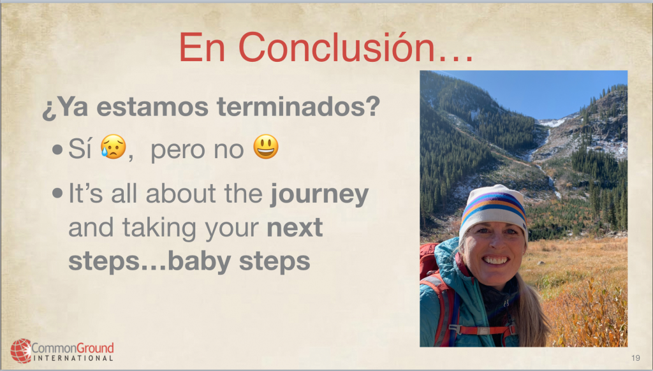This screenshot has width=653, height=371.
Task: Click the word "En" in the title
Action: tap(202, 47)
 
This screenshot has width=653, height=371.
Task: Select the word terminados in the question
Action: tap(298, 106)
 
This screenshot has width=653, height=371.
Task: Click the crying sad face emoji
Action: tap(114, 147)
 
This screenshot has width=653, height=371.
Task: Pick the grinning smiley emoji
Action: tap(266, 147)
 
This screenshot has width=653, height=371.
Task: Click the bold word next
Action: tap(295, 228)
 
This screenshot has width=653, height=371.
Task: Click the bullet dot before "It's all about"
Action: tap(57, 193)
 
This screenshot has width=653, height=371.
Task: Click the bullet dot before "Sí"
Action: tap(57, 149)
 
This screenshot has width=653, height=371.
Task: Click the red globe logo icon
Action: tap(21, 351)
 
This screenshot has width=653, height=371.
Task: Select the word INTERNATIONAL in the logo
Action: tap(73, 358)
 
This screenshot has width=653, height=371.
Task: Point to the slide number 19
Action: tap(636, 358)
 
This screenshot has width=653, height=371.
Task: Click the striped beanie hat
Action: tap(494, 210)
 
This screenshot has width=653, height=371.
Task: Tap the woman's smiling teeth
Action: tap(495, 260)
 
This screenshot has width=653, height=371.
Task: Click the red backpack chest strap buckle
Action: tap(483, 331)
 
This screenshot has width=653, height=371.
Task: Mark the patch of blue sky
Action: tap(546, 92)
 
